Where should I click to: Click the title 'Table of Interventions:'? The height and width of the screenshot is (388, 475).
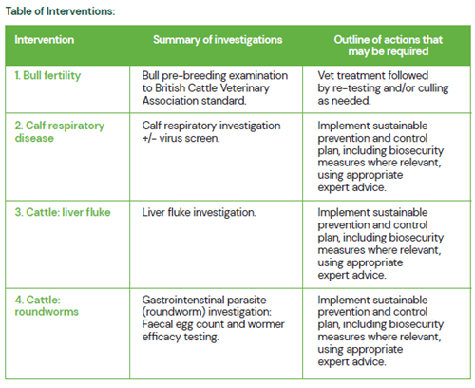point(60,11)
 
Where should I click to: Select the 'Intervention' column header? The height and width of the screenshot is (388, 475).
point(45,40)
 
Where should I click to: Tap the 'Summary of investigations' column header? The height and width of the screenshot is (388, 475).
point(218,40)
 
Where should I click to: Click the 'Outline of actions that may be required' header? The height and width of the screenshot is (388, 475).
point(389,46)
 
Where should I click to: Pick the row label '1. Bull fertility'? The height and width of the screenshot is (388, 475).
point(47,75)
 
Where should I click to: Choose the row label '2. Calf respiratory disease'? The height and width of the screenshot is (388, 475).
point(60,131)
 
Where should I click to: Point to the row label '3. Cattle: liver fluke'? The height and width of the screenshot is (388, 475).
point(63,212)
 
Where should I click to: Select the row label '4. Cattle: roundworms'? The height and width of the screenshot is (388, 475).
point(47,305)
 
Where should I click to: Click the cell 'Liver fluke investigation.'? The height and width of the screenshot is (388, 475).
point(199,212)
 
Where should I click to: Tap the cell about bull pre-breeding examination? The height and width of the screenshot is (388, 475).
point(215,87)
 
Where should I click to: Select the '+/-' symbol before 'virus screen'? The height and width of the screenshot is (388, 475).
point(149,138)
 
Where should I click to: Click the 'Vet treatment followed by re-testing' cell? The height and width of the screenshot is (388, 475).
point(383,87)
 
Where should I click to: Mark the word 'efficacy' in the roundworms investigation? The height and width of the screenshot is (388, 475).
point(161,337)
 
